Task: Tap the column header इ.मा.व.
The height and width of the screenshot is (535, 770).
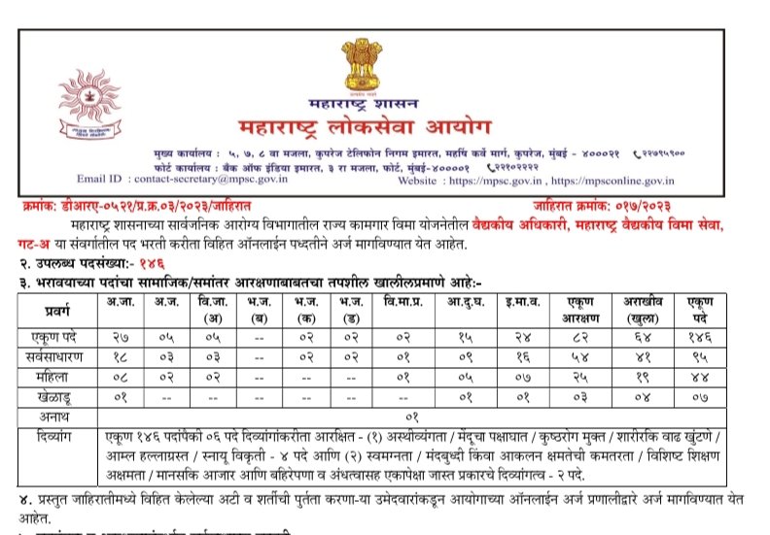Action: (518, 302)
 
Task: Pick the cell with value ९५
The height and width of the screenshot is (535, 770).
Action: (695, 355)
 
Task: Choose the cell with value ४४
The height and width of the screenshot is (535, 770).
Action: (695, 376)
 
